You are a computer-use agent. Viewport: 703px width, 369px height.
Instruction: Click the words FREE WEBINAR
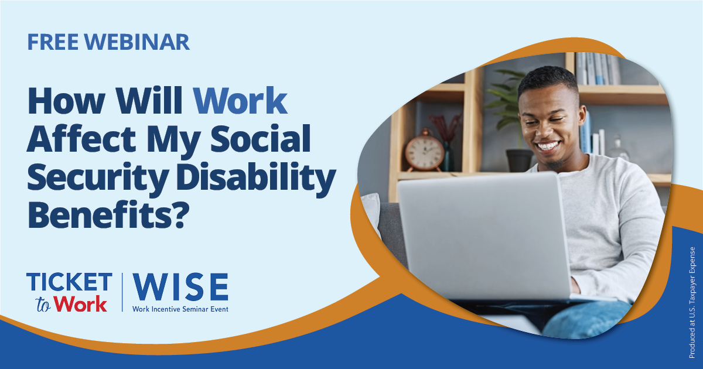click(108, 42)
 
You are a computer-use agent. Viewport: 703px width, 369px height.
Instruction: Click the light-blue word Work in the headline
click(241, 102)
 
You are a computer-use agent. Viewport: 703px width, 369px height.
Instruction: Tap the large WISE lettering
click(180, 287)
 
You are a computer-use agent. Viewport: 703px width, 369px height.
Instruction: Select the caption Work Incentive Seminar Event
click(180, 309)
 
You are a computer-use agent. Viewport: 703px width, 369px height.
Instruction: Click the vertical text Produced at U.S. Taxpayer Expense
click(692, 302)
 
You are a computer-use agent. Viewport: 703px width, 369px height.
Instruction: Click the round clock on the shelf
click(424, 152)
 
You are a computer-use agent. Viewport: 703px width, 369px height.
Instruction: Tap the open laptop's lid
click(483, 234)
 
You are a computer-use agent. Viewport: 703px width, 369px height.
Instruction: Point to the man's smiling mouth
click(548, 146)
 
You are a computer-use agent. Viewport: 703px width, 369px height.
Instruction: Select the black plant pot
click(519, 160)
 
